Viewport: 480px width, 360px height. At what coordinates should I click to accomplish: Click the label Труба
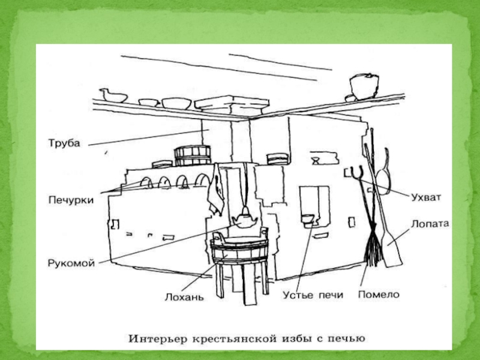tap(64, 143)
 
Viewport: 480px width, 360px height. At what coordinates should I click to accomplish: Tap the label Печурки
tap(71, 200)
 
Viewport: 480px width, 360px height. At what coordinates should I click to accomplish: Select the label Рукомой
tap(71, 263)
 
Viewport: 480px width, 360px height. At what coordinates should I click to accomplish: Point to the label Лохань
tap(184, 296)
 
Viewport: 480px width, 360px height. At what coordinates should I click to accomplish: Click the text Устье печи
tap(313, 295)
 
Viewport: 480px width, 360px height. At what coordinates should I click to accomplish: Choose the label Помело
tap(379, 295)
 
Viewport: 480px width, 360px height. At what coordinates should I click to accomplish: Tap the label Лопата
tap(430, 224)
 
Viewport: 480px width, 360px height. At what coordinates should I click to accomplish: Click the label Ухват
tap(426, 197)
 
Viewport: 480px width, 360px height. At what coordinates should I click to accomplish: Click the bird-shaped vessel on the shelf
tap(113, 96)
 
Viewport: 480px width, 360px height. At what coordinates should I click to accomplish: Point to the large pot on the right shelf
tap(365, 86)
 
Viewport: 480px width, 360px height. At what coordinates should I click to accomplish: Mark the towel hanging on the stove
tap(217, 190)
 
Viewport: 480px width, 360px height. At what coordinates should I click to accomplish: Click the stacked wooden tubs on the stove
tap(193, 156)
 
